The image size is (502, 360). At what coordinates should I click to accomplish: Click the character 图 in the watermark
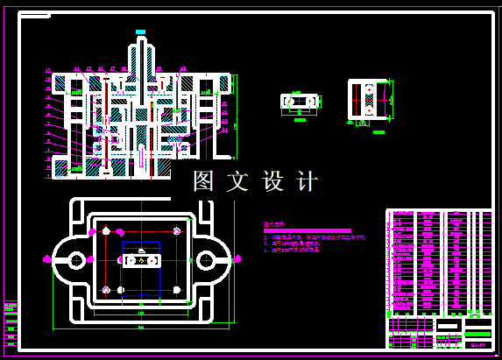click(203, 181)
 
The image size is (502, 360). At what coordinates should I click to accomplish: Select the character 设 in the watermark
click(272, 181)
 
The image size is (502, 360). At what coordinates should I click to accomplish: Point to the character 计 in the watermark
click(307, 181)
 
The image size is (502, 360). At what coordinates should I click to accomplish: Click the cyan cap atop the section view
click(140, 32)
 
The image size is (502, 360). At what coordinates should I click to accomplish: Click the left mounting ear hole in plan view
click(75, 259)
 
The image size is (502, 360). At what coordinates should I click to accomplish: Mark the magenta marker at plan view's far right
click(236, 258)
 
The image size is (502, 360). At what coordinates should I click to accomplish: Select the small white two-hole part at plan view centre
click(141, 260)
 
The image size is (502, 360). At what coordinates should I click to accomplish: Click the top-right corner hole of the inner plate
click(176, 230)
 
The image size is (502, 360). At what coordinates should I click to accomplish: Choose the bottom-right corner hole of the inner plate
click(176, 289)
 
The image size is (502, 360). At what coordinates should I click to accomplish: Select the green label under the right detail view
click(366, 124)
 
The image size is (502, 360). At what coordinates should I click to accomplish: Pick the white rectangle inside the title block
click(449, 325)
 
